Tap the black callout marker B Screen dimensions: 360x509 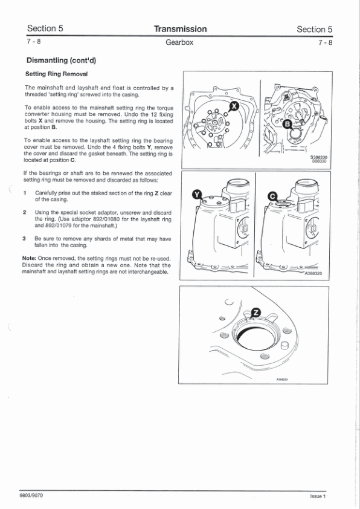point(287,124)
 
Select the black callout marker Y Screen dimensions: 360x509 point(197,194)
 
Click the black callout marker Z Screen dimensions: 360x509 point(256,313)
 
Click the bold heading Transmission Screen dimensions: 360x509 point(181,29)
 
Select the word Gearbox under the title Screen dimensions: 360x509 point(179,42)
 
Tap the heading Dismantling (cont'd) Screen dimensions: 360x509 point(61,60)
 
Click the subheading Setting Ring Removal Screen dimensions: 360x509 point(56,74)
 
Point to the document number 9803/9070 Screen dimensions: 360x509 point(31,495)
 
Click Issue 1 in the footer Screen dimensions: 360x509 point(318,496)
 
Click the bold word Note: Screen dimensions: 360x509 point(29,258)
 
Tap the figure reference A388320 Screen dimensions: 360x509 point(313,273)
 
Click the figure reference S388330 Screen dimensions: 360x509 point(319,157)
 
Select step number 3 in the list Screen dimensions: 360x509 point(24,239)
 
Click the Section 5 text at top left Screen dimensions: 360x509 point(45,28)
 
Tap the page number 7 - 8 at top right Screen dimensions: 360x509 point(326,42)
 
